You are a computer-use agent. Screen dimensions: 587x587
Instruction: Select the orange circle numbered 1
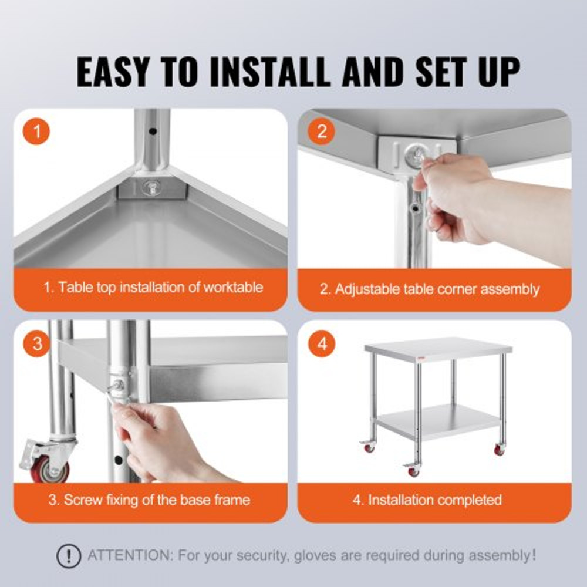pos(36,132)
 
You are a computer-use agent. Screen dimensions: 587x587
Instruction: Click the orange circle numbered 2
pos(321,131)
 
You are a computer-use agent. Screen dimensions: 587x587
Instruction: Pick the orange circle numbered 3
pos(37,344)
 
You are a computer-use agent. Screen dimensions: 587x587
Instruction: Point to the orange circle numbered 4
pos(322,344)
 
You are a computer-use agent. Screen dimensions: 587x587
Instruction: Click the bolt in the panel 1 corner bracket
pos(149,188)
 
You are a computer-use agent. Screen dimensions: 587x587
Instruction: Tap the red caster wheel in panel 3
pos(51,470)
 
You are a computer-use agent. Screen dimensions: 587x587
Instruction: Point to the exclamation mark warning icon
pos(69,555)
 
